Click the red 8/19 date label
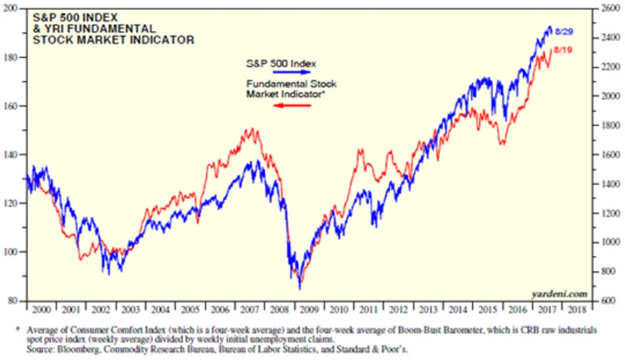(x=563, y=50)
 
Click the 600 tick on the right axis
(x=609, y=301)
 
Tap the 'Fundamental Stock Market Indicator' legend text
(x=291, y=88)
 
